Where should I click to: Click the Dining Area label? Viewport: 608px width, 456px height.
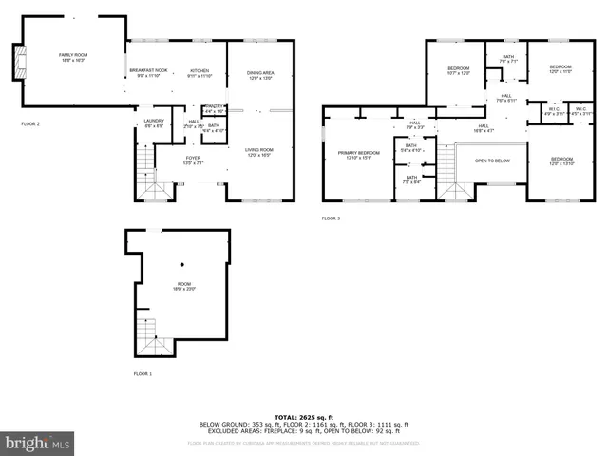260,75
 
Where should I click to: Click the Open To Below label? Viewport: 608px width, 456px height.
492,161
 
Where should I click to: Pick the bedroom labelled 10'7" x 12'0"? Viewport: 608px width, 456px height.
459,70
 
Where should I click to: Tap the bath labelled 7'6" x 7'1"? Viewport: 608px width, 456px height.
508,60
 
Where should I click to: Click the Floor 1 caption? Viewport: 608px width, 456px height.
142,374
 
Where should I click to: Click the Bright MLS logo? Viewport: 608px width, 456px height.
38,444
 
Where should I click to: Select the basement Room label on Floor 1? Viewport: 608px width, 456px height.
182,285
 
